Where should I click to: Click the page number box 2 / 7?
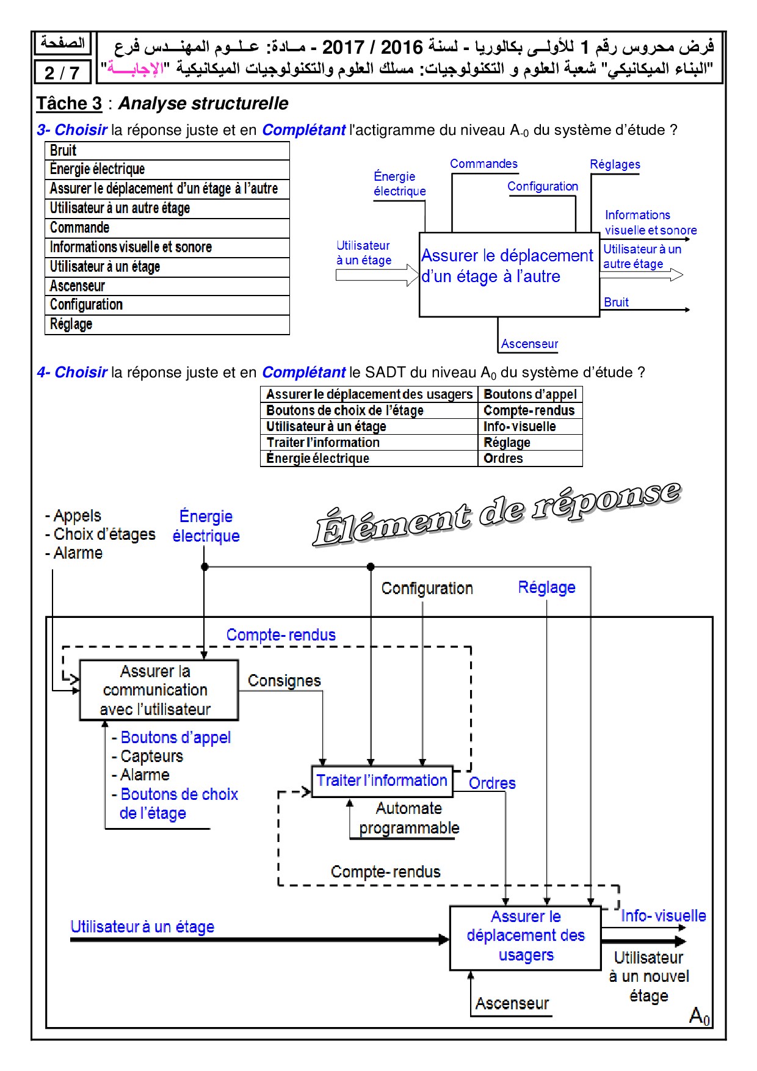62,72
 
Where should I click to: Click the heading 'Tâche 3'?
69,103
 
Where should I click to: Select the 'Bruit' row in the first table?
167,151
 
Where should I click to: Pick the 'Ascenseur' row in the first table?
167,286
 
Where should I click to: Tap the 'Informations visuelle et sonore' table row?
167,247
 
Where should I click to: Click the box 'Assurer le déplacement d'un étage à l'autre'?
509,274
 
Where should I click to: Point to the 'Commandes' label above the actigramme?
484,164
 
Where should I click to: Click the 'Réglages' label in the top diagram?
615,164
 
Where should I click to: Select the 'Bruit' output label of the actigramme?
616,302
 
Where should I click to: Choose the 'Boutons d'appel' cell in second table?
530,394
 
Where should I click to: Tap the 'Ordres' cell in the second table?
530,459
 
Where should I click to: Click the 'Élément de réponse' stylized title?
497,513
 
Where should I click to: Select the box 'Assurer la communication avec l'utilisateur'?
159,690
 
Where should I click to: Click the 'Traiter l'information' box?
382,781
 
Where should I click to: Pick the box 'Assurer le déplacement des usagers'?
526,937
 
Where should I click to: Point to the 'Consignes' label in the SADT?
284,681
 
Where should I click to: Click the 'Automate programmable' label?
409,818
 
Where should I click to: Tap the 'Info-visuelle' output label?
663,916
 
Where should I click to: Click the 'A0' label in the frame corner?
699,1016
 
